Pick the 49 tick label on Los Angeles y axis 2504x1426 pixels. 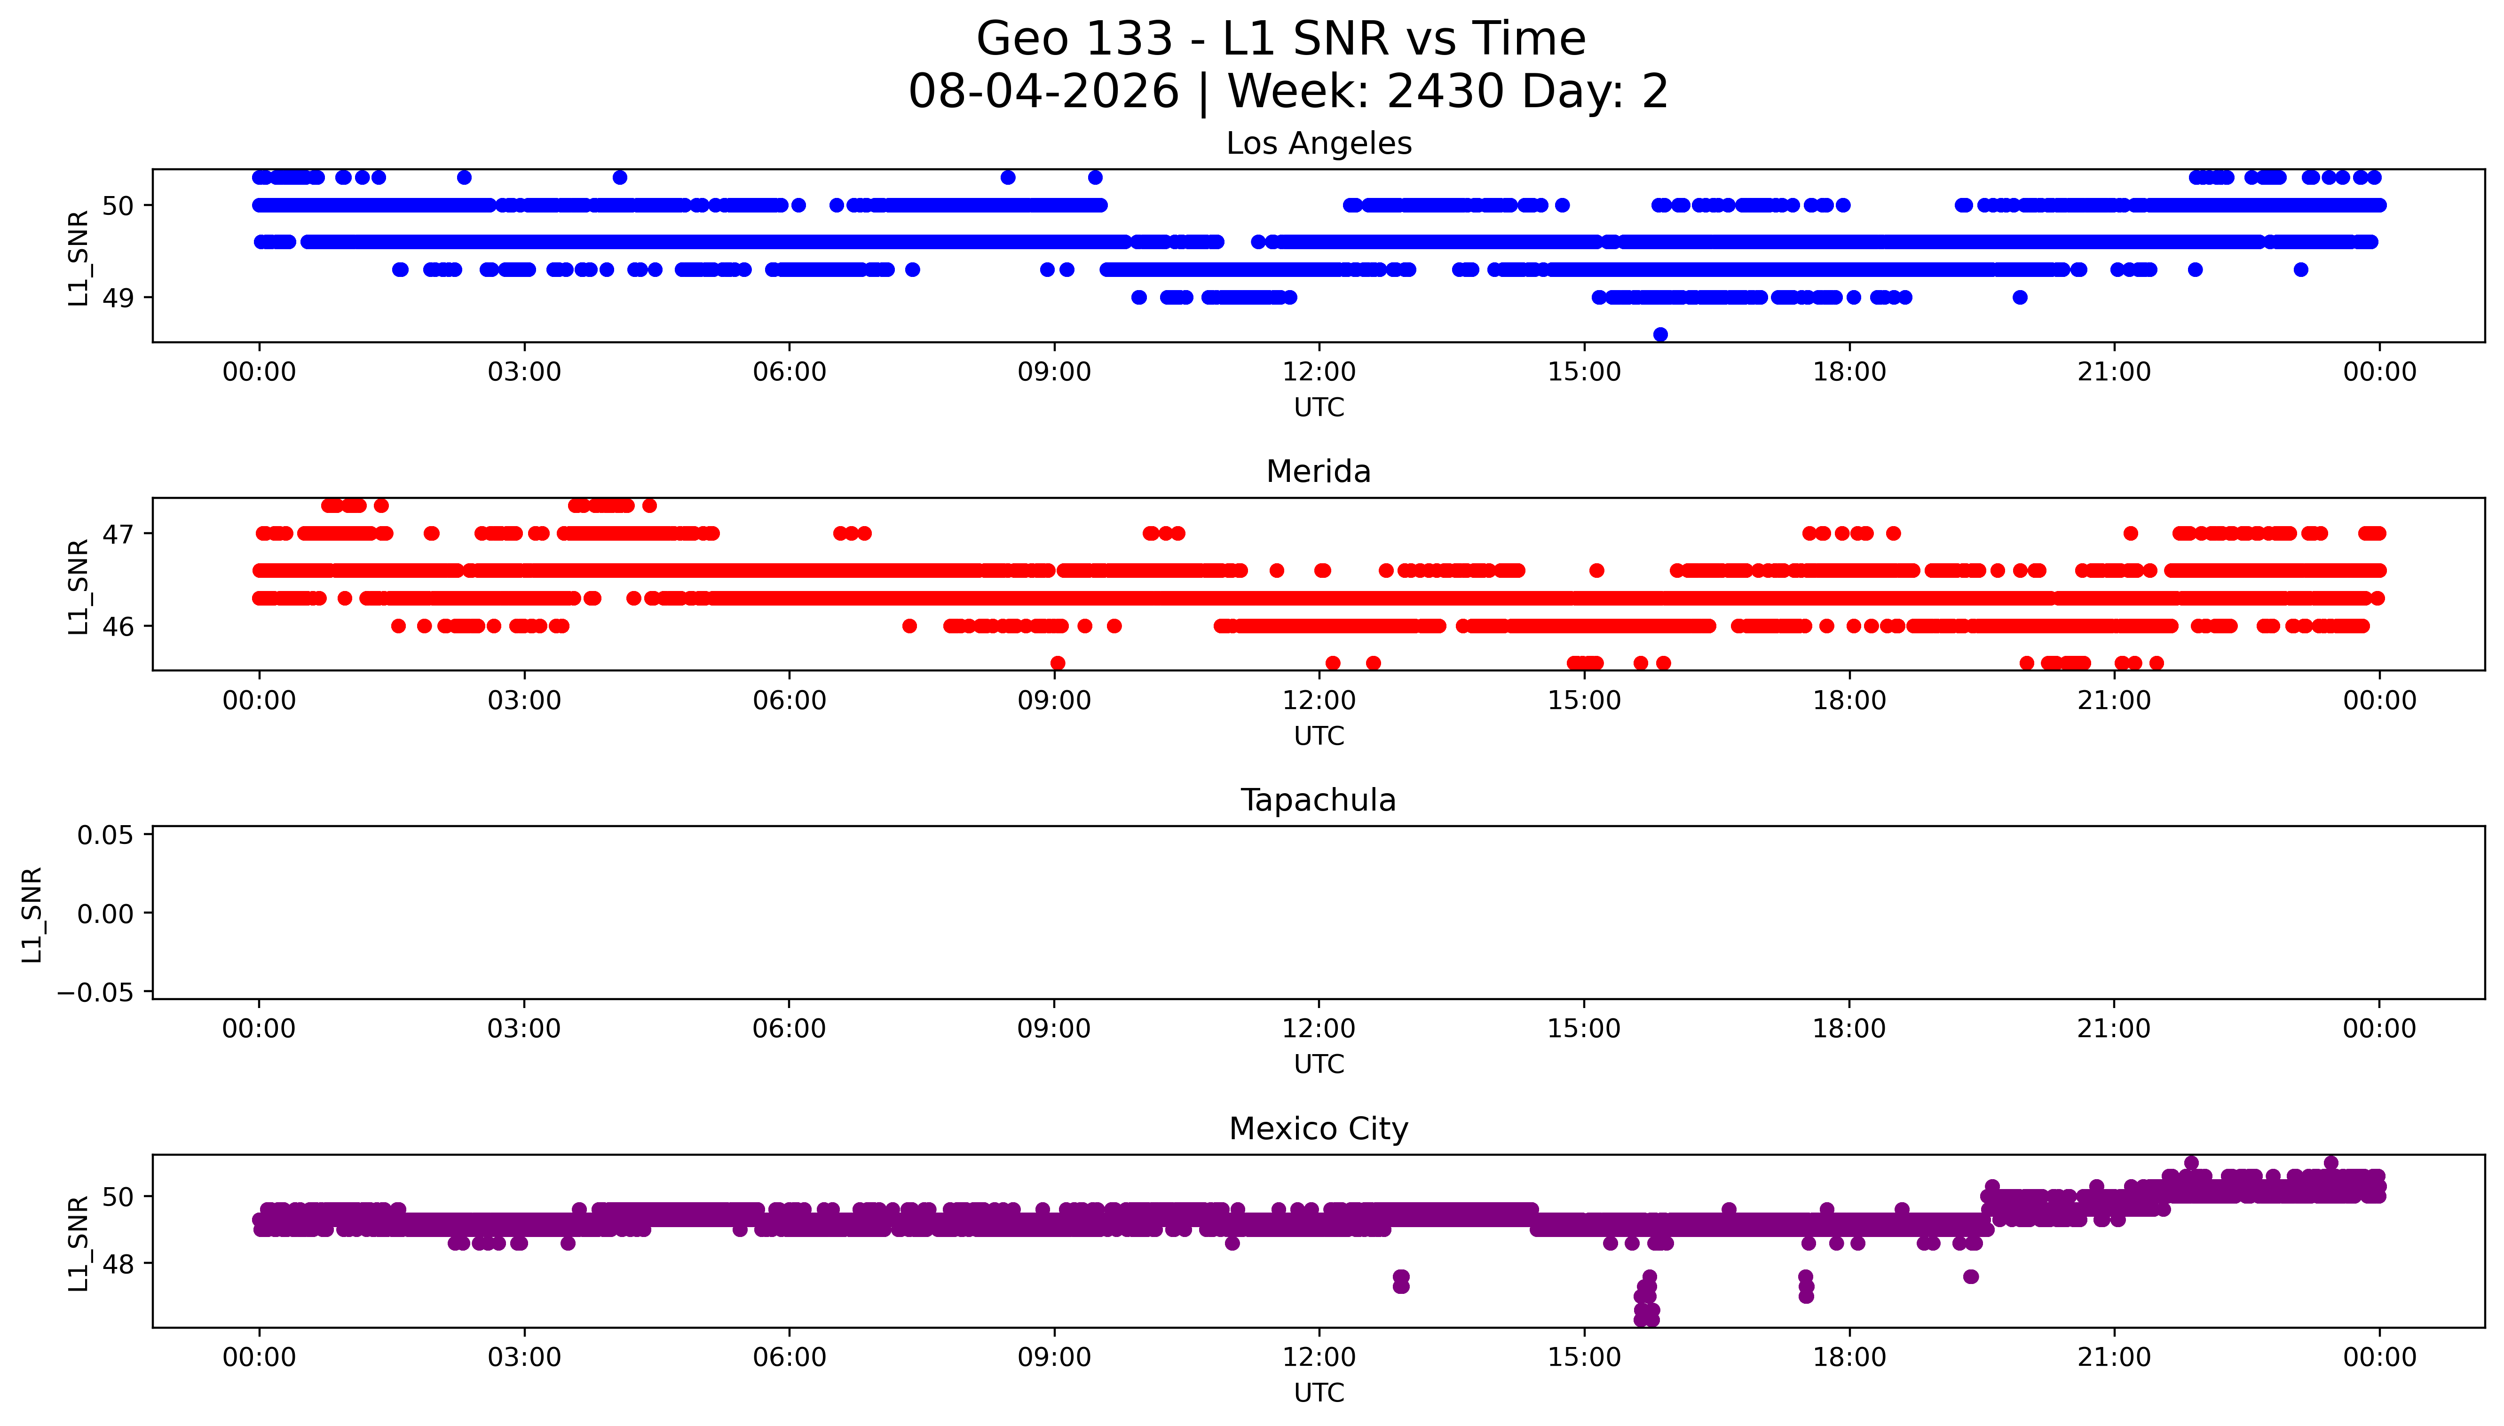pyautogui.click(x=118, y=298)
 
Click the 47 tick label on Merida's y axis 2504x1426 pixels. pyautogui.click(x=118, y=534)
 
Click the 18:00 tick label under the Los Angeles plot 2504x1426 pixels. pyautogui.click(x=1849, y=372)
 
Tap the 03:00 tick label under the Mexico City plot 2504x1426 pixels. pyautogui.click(x=524, y=1357)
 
